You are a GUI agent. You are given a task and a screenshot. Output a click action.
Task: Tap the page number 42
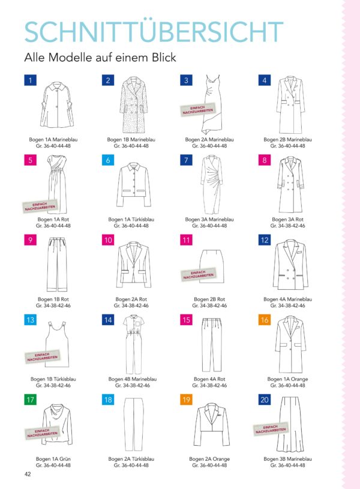coord(28,474)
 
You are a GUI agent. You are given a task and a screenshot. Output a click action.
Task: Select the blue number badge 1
coord(30,80)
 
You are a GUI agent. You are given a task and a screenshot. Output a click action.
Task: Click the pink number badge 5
coord(30,160)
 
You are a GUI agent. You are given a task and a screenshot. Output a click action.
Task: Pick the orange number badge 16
coord(265,320)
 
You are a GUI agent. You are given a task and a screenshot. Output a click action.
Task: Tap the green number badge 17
coord(30,400)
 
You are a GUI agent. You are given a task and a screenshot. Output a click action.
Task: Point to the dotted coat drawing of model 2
coord(134,105)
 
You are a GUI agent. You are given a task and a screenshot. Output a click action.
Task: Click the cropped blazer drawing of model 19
coord(212,424)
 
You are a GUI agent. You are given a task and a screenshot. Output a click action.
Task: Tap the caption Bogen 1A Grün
coord(53,459)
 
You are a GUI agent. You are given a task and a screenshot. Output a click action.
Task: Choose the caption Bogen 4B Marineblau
coord(132,379)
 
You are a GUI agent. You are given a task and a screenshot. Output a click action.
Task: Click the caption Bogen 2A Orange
coord(209,459)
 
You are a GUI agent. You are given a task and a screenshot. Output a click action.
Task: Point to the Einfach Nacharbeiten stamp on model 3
coord(197,110)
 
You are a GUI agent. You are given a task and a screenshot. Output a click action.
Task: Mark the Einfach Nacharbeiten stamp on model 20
coord(271,429)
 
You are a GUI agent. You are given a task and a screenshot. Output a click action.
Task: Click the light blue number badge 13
coord(30,320)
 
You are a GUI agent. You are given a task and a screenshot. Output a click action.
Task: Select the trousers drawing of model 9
coord(57,265)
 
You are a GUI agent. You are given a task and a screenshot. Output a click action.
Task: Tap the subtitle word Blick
coord(164,58)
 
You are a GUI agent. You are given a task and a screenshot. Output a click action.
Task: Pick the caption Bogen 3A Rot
coord(287,219)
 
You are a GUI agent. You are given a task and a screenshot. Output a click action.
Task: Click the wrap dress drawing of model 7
coord(212,185)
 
